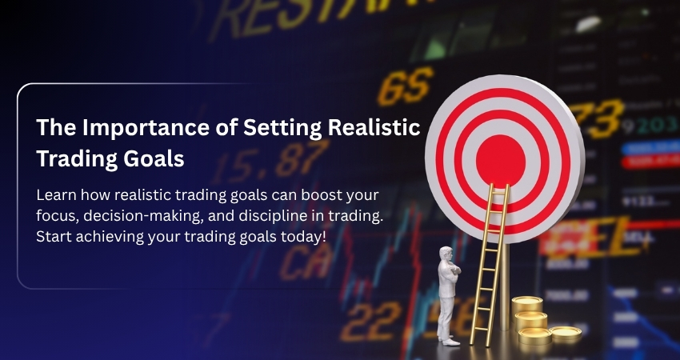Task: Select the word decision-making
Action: tap(136, 215)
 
